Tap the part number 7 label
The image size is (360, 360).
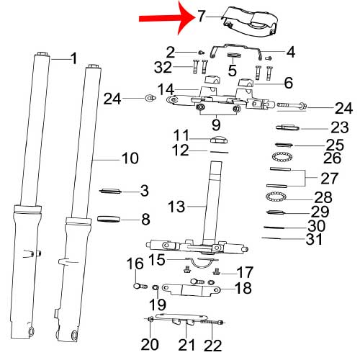click(x=202, y=17)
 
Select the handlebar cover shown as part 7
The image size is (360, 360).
click(x=250, y=22)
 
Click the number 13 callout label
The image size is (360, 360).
click(x=176, y=207)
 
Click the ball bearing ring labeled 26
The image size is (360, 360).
click(x=282, y=157)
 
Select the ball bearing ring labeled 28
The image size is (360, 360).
click(x=276, y=197)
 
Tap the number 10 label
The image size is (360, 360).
click(x=130, y=158)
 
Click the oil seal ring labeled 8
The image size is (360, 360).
click(x=109, y=219)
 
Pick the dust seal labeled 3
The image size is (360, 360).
click(x=111, y=191)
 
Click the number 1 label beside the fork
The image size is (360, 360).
click(x=73, y=58)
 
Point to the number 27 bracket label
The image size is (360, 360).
click(x=330, y=179)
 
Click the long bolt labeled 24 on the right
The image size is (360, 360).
click(x=292, y=105)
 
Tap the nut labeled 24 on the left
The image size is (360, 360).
click(x=150, y=98)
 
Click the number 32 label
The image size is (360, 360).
click(x=163, y=67)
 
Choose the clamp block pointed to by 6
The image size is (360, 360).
click(x=246, y=83)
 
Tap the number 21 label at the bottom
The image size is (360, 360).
click(x=186, y=345)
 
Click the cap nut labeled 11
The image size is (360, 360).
click(x=219, y=140)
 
